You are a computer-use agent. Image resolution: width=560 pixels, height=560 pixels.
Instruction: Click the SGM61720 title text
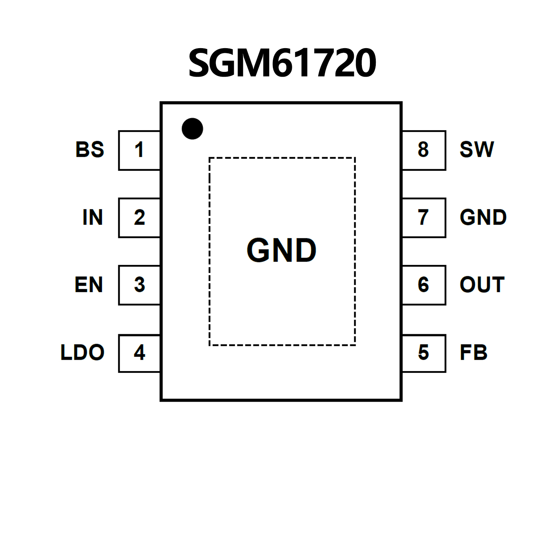click(282, 63)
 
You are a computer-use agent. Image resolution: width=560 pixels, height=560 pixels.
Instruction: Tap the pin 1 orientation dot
click(192, 128)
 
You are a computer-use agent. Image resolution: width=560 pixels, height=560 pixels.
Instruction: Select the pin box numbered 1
click(139, 150)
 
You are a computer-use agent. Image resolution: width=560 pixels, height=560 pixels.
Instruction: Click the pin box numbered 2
click(139, 218)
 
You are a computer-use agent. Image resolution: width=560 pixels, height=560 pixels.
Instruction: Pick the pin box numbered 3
click(139, 285)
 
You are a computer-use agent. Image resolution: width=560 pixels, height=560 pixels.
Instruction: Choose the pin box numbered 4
click(139, 353)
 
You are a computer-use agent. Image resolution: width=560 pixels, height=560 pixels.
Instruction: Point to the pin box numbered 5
click(424, 353)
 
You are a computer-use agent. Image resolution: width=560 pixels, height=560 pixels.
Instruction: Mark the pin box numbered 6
click(424, 285)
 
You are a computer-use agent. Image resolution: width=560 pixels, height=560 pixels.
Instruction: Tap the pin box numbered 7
click(424, 218)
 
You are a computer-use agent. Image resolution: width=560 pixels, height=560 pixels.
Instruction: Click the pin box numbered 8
click(424, 150)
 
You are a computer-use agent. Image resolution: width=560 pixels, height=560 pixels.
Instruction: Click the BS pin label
click(90, 150)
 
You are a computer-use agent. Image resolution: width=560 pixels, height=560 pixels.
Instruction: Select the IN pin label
click(93, 218)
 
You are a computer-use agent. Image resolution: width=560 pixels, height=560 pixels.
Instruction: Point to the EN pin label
click(89, 285)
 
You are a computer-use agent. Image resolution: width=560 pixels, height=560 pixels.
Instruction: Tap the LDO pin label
click(82, 353)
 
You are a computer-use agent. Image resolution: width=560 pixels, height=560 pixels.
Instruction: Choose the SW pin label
click(477, 150)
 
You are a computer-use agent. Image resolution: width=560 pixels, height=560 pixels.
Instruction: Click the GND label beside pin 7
click(483, 218)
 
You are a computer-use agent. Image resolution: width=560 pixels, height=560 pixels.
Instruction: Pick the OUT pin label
click(482, 285)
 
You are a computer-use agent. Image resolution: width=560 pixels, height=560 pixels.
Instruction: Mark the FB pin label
click(474, 353)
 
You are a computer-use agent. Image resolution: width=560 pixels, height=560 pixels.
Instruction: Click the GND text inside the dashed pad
click(282, 251)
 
